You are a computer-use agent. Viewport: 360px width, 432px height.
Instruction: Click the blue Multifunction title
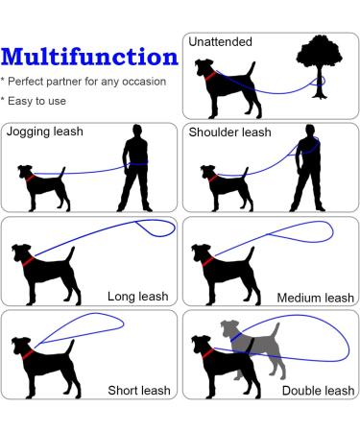[x=88, y=57]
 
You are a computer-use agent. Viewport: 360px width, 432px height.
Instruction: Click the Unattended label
[x=221, y=42]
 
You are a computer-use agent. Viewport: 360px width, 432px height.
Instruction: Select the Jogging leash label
[x=43, y=132]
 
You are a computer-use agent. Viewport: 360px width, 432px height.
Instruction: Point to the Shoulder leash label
[x=229, y=132]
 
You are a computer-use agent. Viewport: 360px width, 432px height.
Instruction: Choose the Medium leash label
[x=313, y=298]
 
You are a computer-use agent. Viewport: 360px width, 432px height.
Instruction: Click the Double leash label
[x=318, y=390]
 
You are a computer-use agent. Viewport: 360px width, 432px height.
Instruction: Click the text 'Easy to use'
[x=37, y=100]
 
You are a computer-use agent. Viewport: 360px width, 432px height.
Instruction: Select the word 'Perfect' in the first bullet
[x=30, y=82]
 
